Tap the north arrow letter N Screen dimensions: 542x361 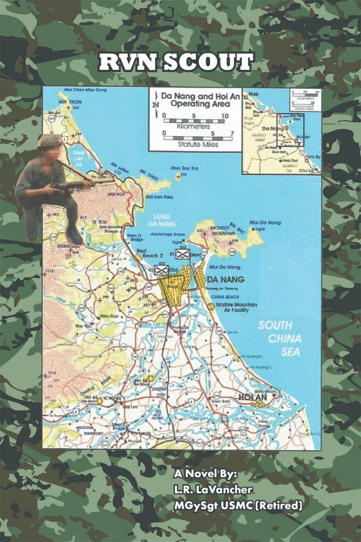(155, 104)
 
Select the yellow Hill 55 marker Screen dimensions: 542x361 (150, 379)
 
